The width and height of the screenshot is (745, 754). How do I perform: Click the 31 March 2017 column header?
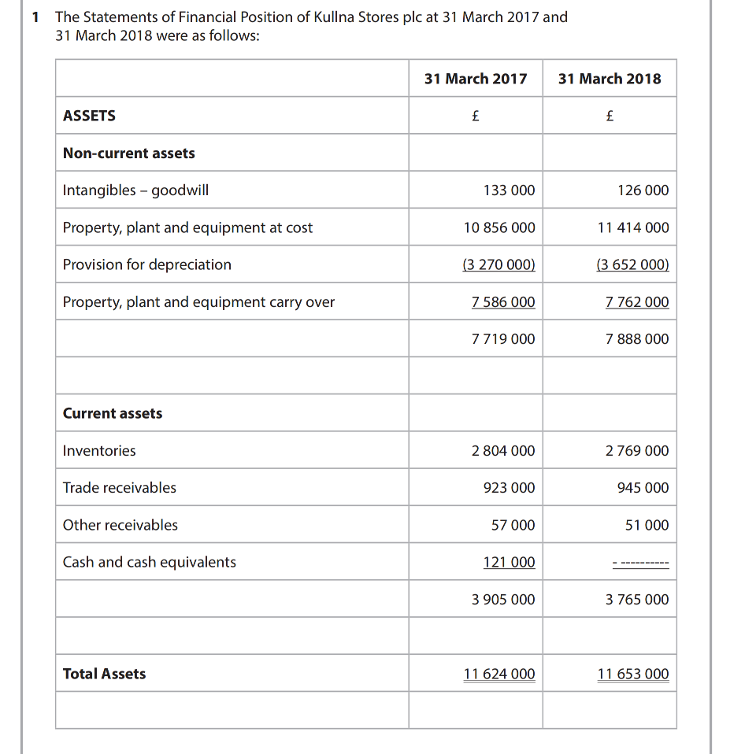pyautogui.click(x=476, y=79)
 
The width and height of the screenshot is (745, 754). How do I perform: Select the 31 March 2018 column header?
pyautogui.click(x=610, y=79)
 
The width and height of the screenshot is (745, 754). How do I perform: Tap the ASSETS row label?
pyautogui.click(x=89, y=116)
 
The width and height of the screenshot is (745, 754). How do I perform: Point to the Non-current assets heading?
pyautogui.click(x=129, y=153)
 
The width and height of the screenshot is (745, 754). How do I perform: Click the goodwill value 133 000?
pyautogui.click(x=509, y=190)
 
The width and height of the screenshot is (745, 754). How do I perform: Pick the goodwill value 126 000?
pyautogui.click(x=643, y=190)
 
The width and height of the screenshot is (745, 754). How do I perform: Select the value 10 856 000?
pyautogui.click(x=499, y=227)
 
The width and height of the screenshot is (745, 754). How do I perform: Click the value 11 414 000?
pyautogui.click(x=633, y=227)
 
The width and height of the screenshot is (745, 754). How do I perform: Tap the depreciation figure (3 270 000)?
pyautogui.click(x=499, y=264)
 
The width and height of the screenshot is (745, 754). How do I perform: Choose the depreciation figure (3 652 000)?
pyautogui.click(x=633, y=264)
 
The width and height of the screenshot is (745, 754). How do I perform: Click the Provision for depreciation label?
pyautogui.click(x=147, y=264)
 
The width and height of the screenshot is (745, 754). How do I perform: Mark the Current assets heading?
pyautogui.click(x=113, y=413)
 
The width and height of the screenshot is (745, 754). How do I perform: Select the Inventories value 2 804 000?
pyautogui.click(x=503, y=451)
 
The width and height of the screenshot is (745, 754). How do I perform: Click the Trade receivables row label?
pyautogui.click(x=120, y=488)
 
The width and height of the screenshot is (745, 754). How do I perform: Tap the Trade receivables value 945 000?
pyautogui.click(x=643, y=488)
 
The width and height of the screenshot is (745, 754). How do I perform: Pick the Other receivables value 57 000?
pyautogui.click(x=513, y=525)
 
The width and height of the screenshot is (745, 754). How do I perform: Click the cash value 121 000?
pyautogui.click(x=509, y=562)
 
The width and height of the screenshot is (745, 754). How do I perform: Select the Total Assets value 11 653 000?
pyautogui.click(x=633, y=674)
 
